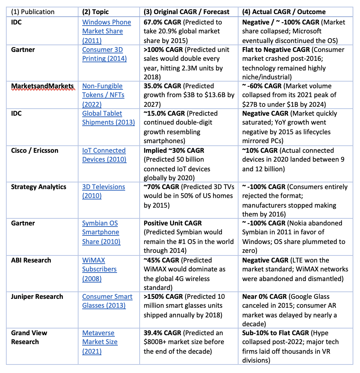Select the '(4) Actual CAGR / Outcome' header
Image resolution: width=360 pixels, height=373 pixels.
coord(284,12)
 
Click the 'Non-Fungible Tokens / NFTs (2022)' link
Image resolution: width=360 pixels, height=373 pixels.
coord(103,95)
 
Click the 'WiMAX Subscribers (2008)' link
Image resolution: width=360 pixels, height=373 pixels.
coord(99,269)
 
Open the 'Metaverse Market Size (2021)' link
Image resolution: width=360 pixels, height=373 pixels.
coord(100,342)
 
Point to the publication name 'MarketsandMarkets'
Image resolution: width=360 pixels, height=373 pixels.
coord(41,86)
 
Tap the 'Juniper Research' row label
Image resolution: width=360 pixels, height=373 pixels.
coord(37,297)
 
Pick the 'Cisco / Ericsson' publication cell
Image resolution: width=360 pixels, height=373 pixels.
coord(34,151)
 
